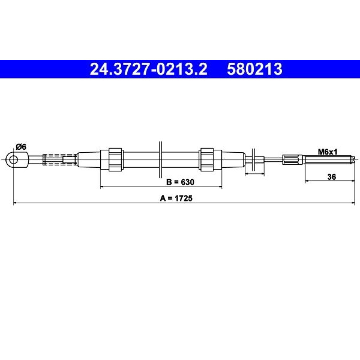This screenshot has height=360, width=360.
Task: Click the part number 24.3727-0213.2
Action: click(x=149, y=69)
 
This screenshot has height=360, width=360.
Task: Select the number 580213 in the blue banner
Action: click(x=255, y=69)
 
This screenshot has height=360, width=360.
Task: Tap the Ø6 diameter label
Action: click(x=21, y=147)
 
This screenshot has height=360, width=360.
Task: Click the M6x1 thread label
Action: click(x=327, y=152)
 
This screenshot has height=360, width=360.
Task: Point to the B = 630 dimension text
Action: click(x=180, y=182)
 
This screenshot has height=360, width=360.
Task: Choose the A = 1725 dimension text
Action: click(x=176, y=198)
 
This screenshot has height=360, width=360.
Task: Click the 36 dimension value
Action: click(x=332, y=177)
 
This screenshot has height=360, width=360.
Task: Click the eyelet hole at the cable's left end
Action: click(x=14, y=159)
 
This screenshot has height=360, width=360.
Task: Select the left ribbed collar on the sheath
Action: click(x=115, y=159)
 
